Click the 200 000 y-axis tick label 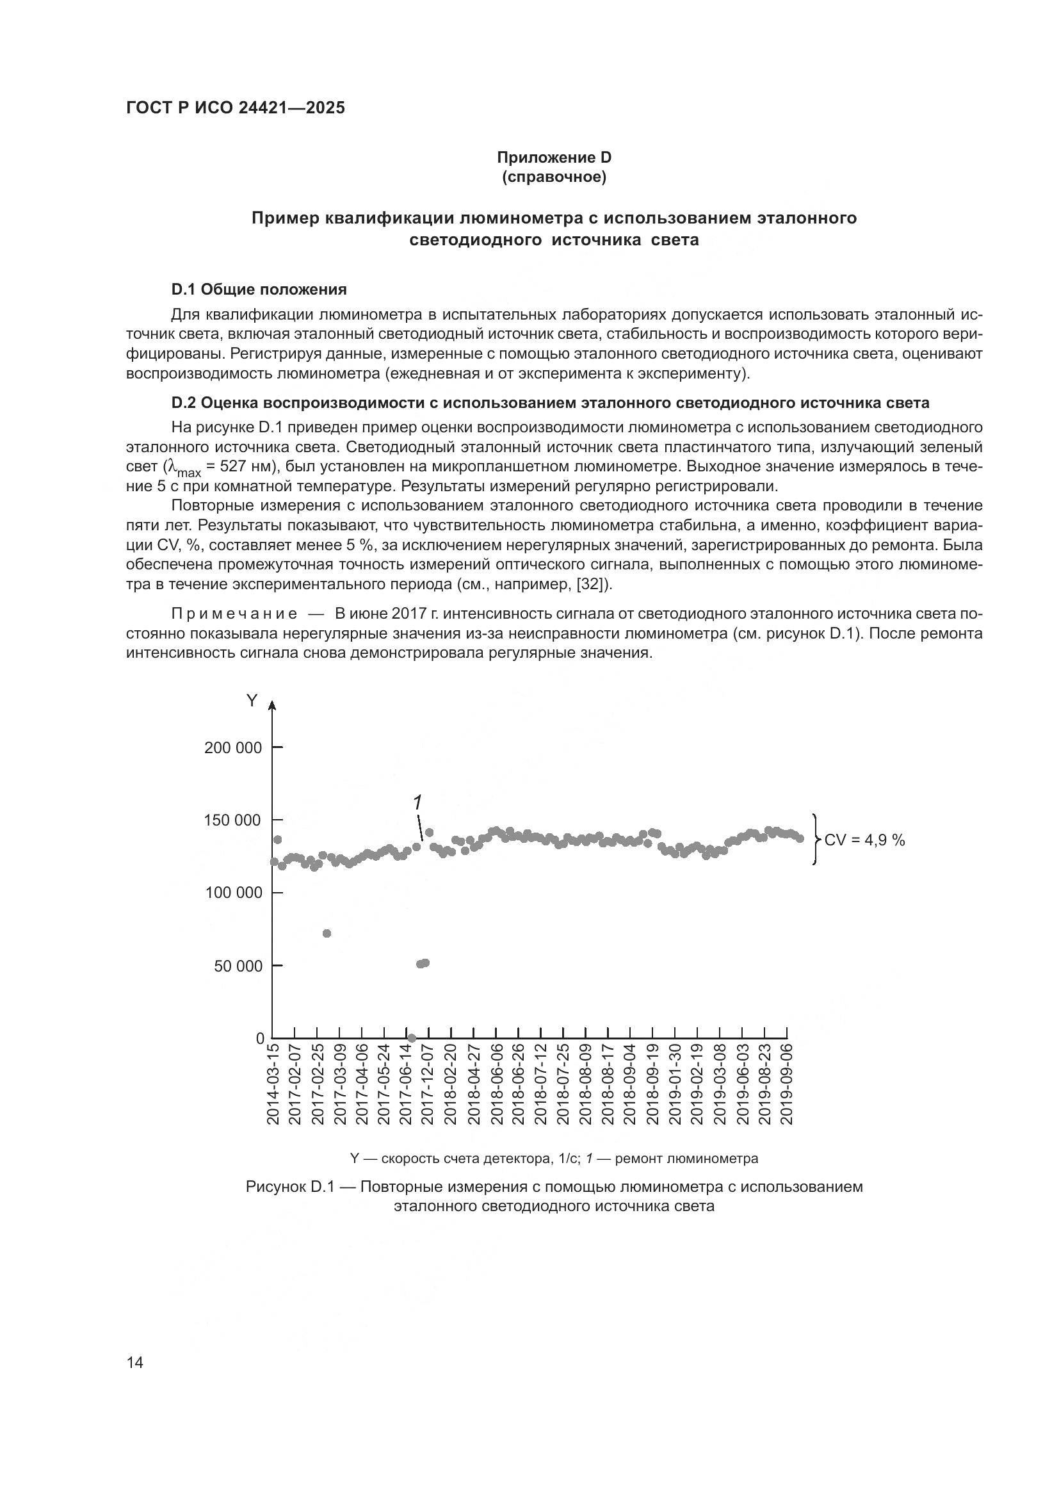click(x=233, y=747)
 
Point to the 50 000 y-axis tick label click(x=238, y=966)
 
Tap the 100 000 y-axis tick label click(x=233, y=893)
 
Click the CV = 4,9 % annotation click(x=864, y=840)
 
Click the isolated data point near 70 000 click(x=327, y=934)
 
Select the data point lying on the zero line click(x=412, y=1038)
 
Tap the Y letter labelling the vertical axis click(x=252, y=701)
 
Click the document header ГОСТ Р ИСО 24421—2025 click(x=236, y=108)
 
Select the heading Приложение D click(x=554, y=158)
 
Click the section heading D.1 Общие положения click(x=259, y=289)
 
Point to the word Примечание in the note click(x=234, y=614)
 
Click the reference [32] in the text click(x=593, y=584)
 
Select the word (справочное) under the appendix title click(x=554, y=177)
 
